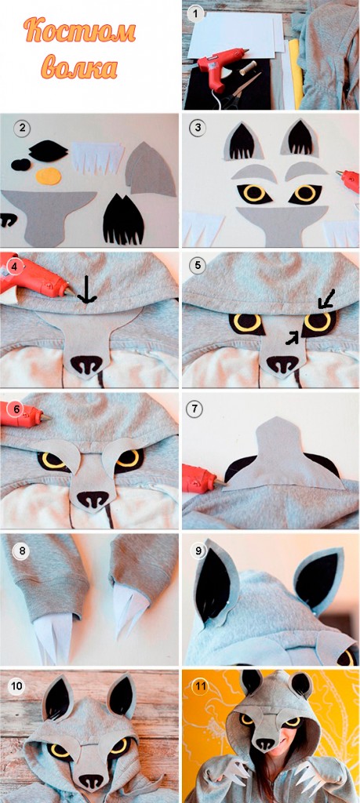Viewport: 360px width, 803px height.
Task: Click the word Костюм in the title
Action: [x=79, y=31]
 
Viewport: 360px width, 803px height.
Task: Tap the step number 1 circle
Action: [x=195, y=13]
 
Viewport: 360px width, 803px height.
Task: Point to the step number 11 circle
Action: [x=200, y=685]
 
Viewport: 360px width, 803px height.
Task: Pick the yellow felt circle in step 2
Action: [x=49, y=176]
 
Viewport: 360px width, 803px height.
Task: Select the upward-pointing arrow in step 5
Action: [x=292, y=337]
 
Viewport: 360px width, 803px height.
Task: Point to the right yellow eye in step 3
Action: [x=306, y=193]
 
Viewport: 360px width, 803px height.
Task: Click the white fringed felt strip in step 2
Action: [x=97, y=158]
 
